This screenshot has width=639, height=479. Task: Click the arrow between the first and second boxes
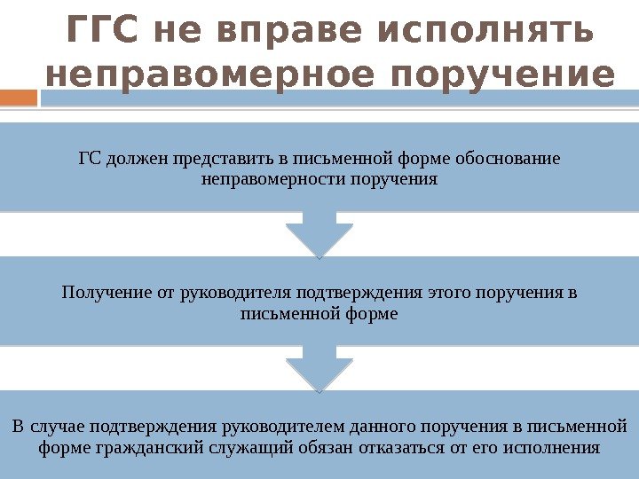319,234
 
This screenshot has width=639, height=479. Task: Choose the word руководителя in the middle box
234,293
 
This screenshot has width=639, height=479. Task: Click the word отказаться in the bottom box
400,447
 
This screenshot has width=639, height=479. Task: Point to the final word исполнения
551,447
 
